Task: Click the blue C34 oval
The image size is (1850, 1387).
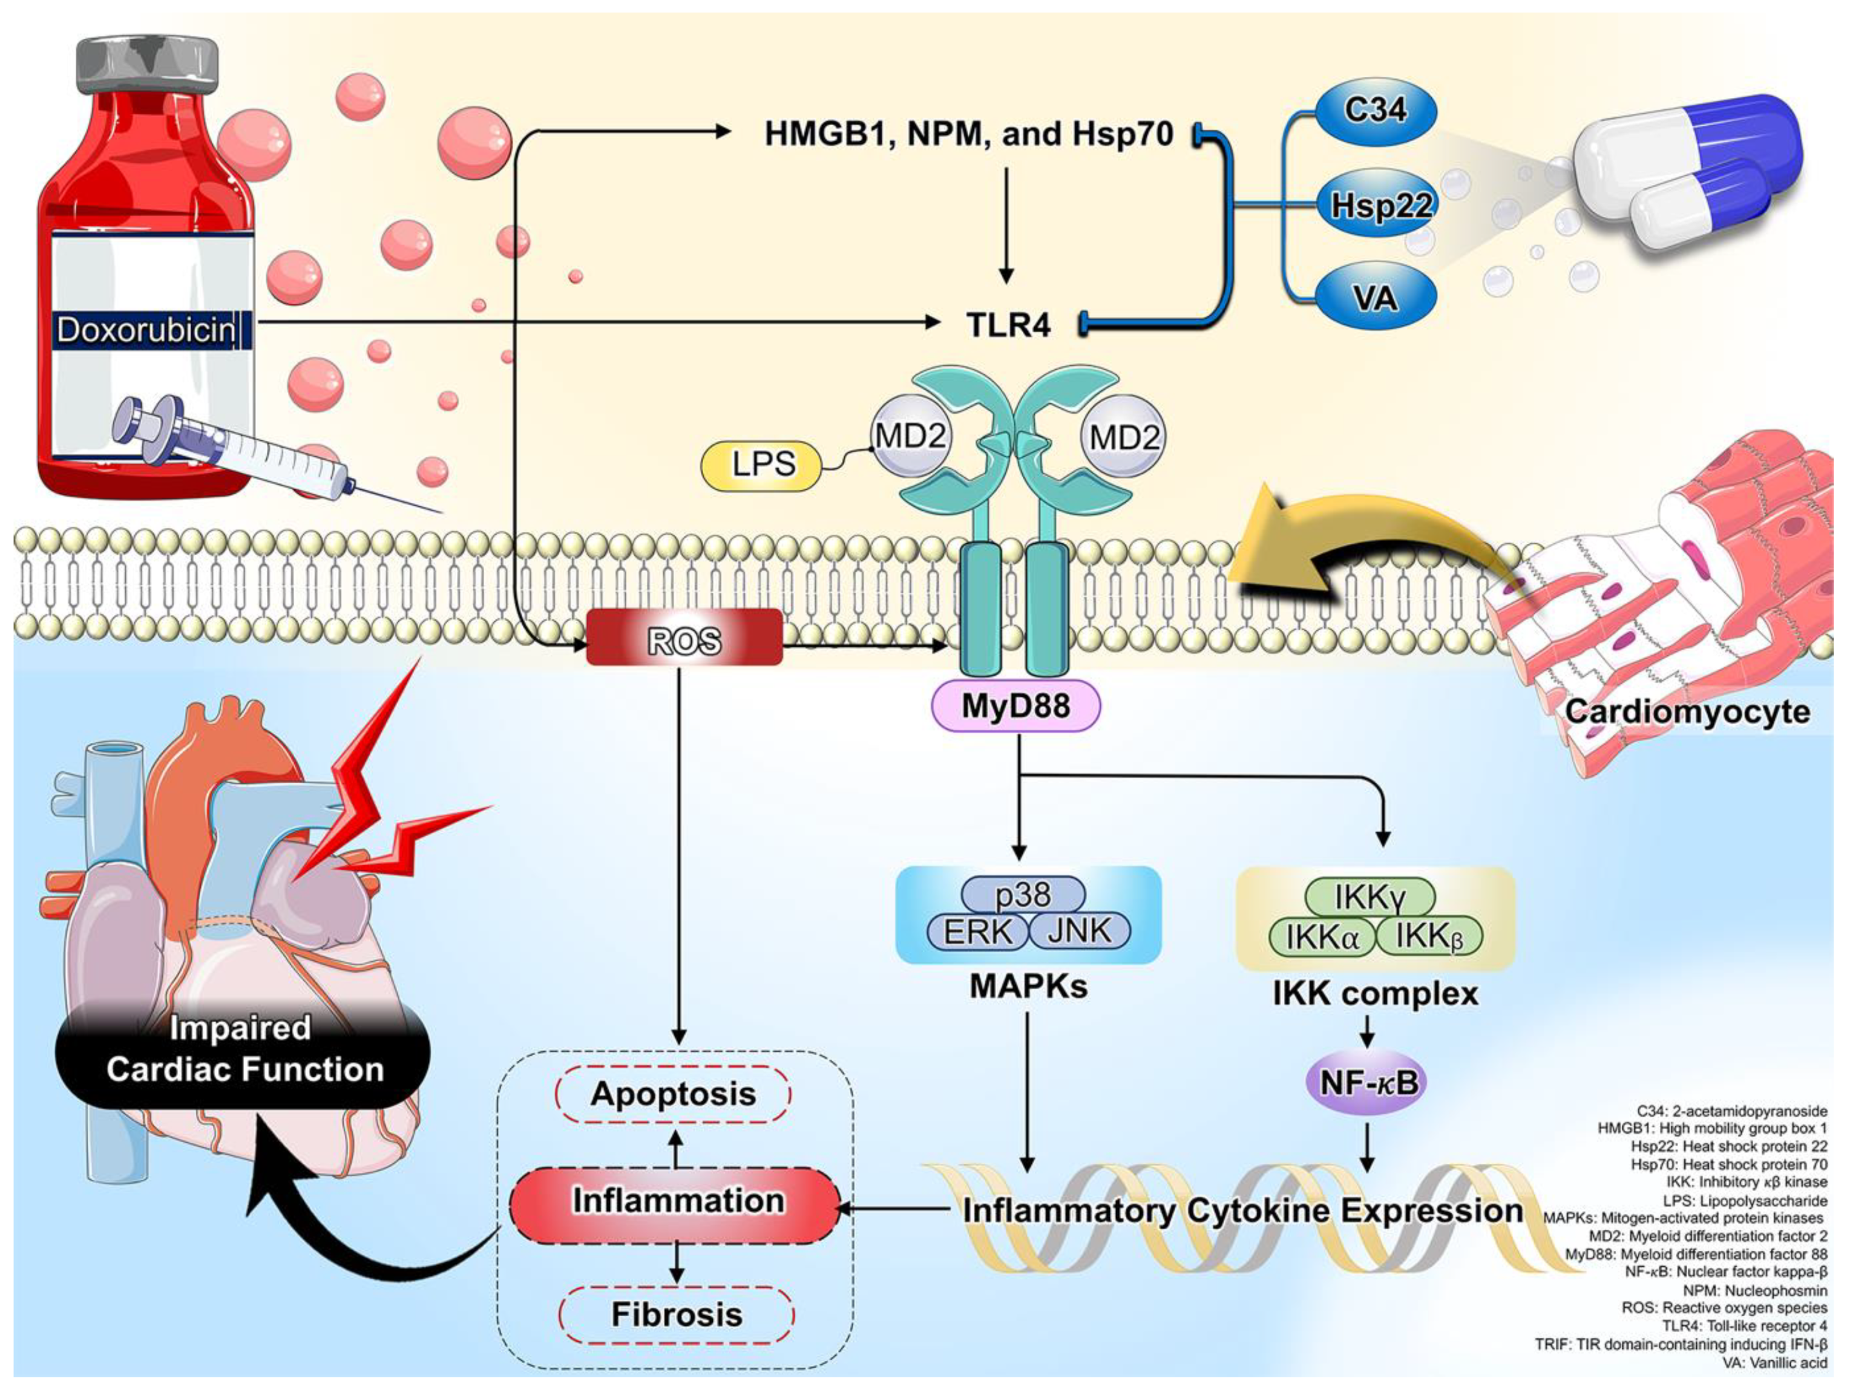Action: point(1375,110)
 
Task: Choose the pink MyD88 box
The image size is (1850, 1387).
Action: point(1015,706)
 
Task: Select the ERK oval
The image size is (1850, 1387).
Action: point(977,932)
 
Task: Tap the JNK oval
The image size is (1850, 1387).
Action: point(1079,932)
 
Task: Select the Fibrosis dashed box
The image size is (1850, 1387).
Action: point(677,1315)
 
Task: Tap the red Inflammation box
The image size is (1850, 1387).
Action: point(676,1203)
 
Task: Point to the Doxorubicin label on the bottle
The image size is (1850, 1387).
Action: point(146,331)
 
